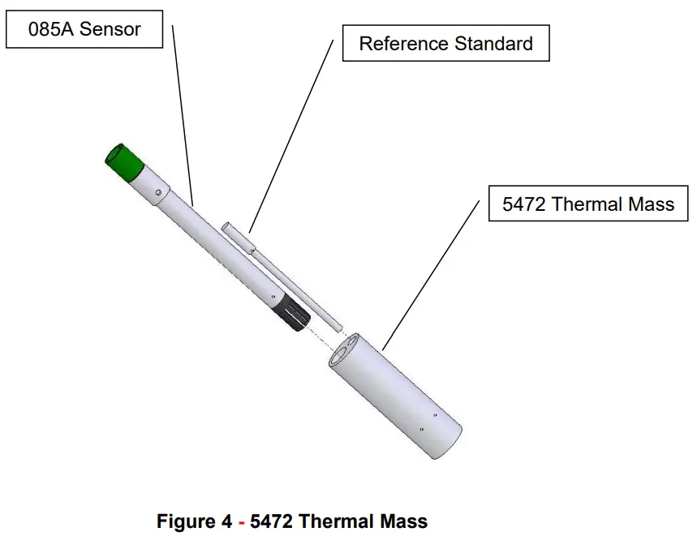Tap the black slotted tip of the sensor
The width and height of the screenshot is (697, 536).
[293, 314]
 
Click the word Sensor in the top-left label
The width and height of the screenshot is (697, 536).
[111, 30]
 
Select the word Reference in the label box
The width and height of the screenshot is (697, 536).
[398, 44]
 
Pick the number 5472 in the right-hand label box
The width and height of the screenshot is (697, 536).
[524, 204]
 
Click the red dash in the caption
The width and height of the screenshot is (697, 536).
[241, 521]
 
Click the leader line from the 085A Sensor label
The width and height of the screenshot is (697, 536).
[183, 114]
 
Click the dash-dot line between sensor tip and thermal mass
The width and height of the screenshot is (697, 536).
[323, 333]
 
